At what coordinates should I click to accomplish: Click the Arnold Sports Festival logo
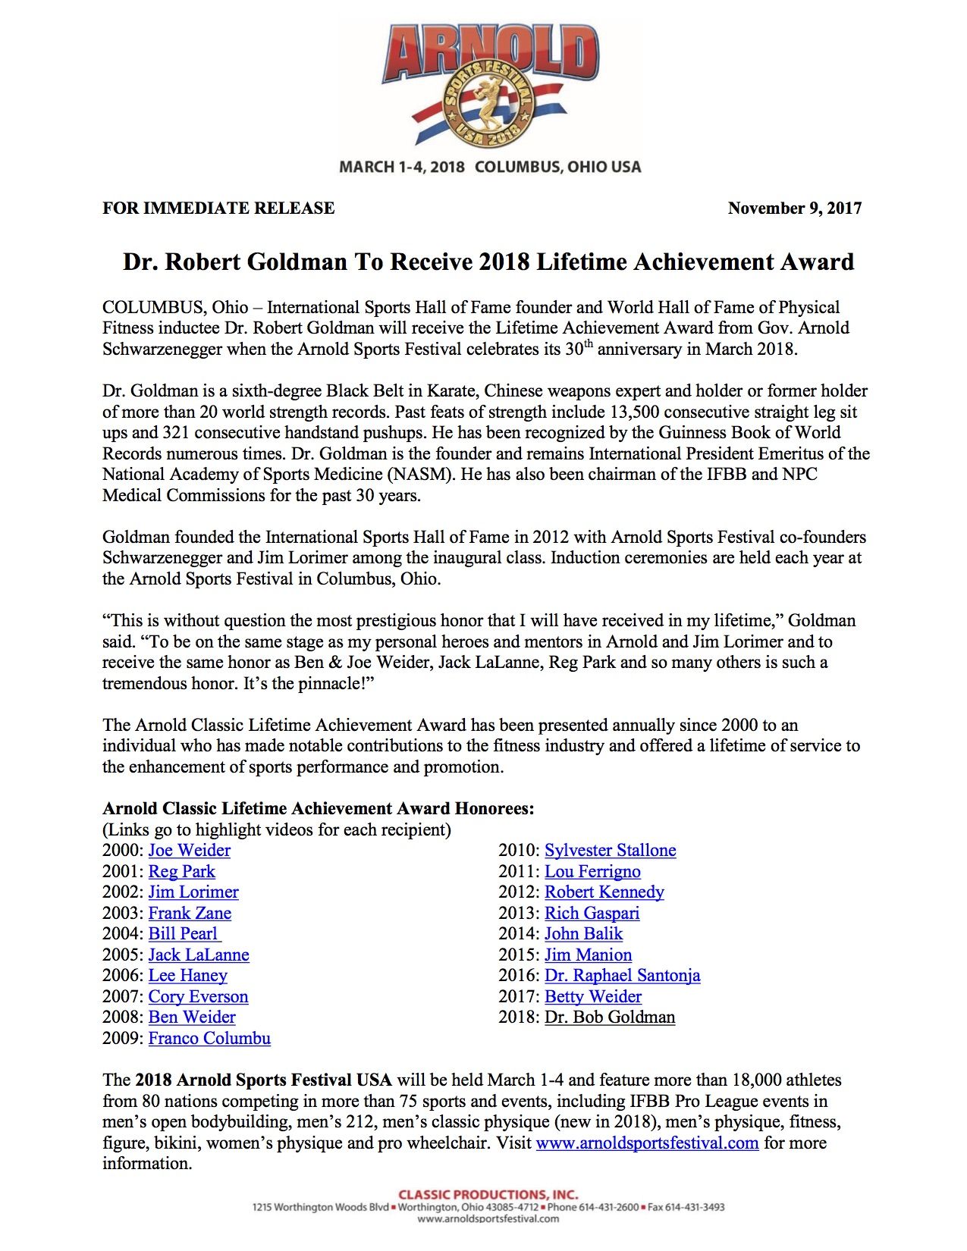coord(489,85)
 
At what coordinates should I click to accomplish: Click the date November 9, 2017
coord(794,208)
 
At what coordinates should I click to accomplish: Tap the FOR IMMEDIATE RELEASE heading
coord(218,208)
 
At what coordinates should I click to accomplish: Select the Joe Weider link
coord(189,851)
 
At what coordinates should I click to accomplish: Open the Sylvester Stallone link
coord(610,851)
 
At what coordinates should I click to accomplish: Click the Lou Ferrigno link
coord(592,872)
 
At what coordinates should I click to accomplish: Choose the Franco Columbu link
coord(209,1039)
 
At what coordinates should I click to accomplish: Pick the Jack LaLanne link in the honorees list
coord(199,955)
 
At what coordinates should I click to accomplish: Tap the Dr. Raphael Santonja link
coord(622,976)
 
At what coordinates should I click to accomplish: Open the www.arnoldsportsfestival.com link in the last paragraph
coord(647,1143)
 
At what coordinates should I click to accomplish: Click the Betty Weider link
coord(593,997)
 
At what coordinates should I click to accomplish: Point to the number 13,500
coord(633,412)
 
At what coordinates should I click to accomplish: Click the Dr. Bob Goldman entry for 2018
coord(610,1017)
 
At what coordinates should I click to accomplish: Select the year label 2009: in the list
coord(123,1039)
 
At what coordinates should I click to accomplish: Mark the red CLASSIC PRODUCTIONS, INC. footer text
coord(488,1195)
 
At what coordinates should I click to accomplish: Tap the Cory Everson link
coord(198,997)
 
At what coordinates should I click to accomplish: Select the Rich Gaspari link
coord(592,914)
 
